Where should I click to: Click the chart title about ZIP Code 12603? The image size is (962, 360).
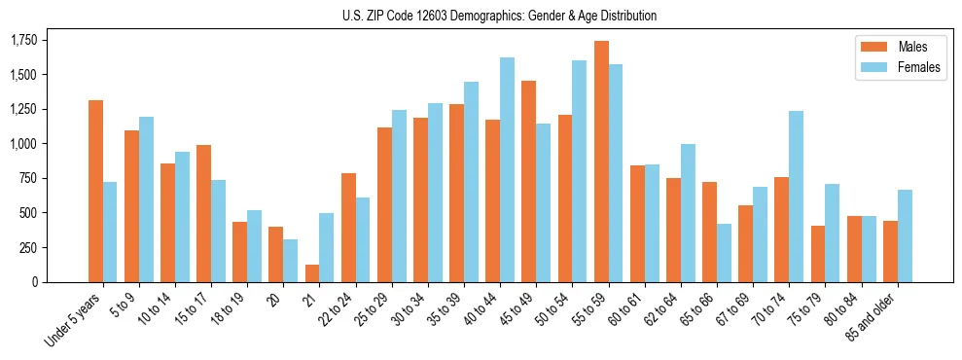(x=500, y=16)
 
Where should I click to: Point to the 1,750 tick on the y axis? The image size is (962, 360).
(x=23, y=41)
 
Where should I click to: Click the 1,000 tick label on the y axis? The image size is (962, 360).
(x=23, y=144)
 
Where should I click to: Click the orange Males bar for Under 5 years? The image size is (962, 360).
(x=95, y=192)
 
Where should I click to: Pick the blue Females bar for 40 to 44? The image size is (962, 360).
(x=507, y=170)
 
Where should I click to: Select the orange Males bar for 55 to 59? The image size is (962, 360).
(x=601, y=162)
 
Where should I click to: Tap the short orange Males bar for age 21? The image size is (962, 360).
(x=312, y=273)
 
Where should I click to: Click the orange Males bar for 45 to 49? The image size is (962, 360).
(x=529, y=182)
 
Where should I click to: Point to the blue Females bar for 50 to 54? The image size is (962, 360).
(x=579, y=171)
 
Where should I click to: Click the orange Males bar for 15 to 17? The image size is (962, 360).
(x=203, y=214)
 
